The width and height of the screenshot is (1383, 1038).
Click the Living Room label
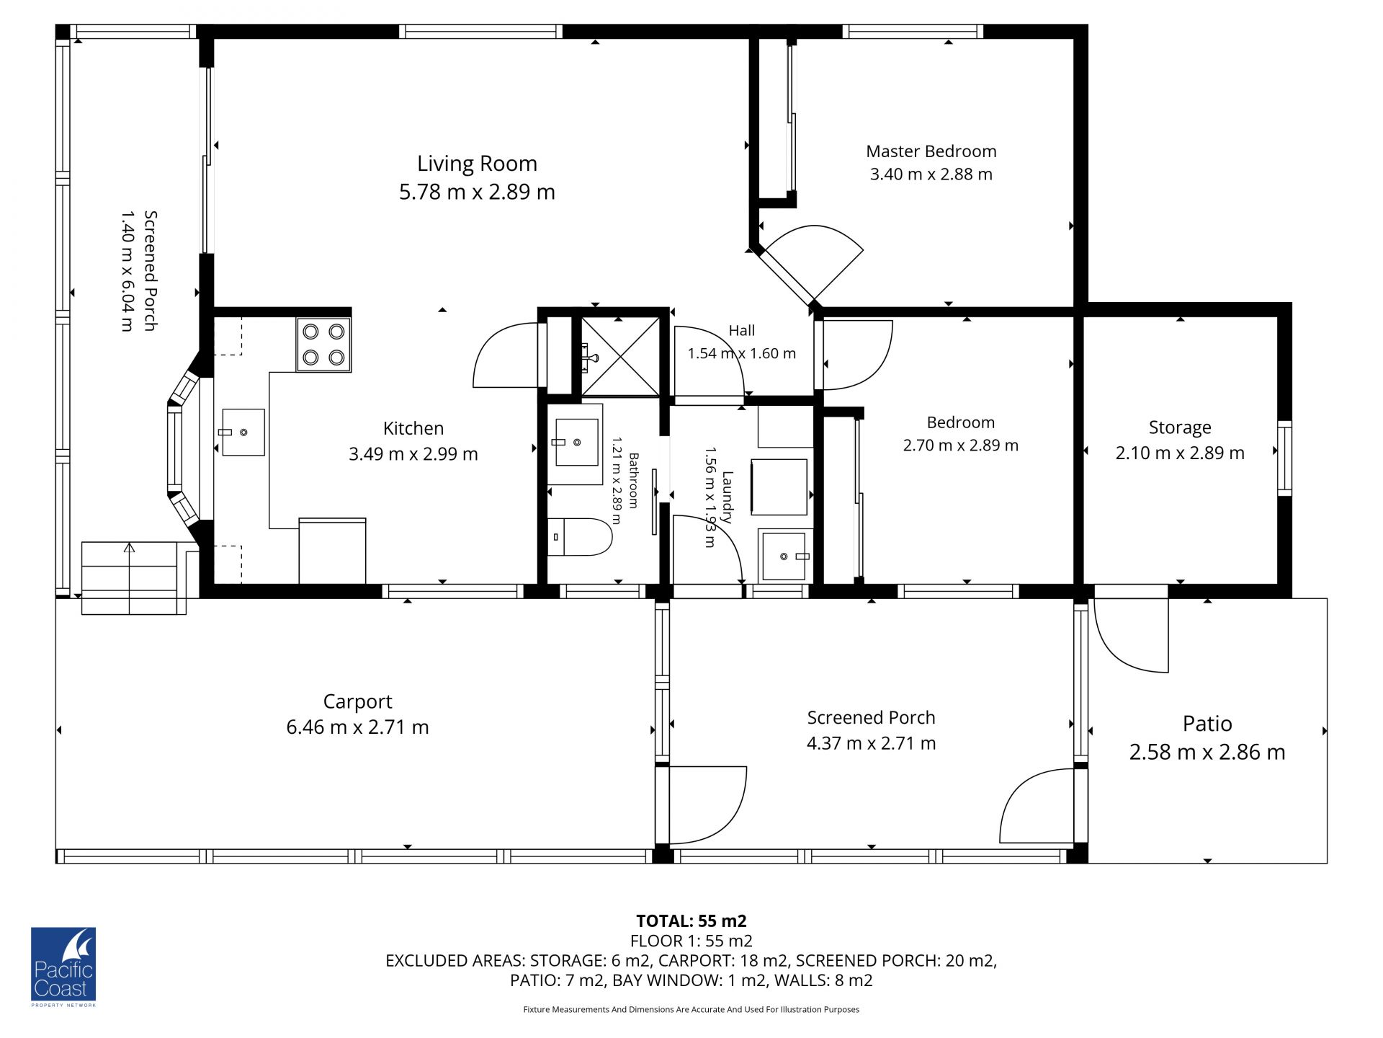coord(477,164)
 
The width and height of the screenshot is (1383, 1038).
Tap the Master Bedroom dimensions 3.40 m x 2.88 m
coord(931,174)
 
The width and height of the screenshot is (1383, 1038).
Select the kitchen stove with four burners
coord(323,345)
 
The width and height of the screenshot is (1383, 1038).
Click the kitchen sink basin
coord(243,432)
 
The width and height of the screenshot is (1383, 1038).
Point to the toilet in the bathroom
coord(580,537)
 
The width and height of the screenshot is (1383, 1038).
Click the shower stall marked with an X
coord(620,356)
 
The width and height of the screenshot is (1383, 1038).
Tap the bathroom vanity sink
coord(575,443)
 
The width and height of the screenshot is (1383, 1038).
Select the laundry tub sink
coord(784,556)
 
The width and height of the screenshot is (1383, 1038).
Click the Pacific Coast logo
coord(63,966)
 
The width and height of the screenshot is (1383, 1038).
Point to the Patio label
coord(1207,724)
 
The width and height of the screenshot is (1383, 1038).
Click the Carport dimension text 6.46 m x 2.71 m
coord(357,727)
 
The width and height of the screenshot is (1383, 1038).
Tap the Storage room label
coord(1180,427)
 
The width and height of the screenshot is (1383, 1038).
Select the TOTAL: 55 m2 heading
coord(691,921)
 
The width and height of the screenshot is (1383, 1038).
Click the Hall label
coord(741,331)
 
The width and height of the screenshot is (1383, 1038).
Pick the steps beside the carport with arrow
coord(130,578)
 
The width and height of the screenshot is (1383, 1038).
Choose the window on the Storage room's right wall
coord(1284,458)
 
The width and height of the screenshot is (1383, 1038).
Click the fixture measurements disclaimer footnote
coord(691,1009)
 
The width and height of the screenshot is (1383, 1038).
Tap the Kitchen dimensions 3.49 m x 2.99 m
coord(413,454)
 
